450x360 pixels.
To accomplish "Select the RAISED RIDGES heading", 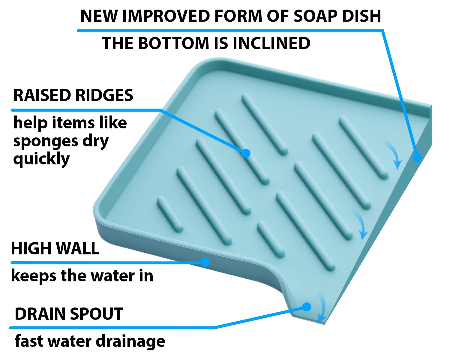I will [73, 95].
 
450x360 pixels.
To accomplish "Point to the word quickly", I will [41, 159].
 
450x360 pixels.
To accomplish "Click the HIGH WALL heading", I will [55, 248].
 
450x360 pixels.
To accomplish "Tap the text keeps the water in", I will [82, 275].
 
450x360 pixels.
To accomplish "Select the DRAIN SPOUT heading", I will [69, 314].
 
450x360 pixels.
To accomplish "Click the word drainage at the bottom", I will [131, 341].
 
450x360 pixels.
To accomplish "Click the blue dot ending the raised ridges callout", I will [246, 153].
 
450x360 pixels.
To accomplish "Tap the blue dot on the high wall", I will [205, 262].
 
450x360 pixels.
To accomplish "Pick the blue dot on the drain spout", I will [307, 307].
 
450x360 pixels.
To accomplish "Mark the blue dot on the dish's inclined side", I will [417, 157].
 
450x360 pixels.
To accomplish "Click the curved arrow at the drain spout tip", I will [322, 309].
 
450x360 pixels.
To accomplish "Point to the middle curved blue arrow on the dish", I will [360, 225].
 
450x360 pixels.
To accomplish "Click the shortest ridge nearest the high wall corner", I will [170, 214].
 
